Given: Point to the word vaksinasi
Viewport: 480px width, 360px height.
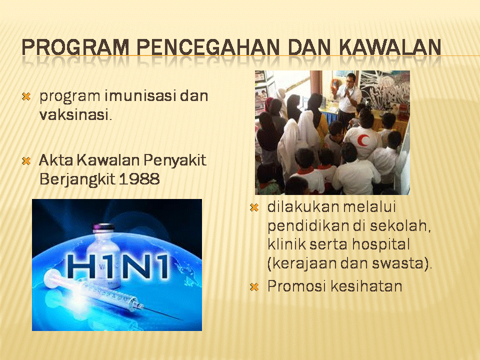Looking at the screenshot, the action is point(75,115).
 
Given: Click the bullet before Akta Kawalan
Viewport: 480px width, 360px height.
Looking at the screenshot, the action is point(26,160).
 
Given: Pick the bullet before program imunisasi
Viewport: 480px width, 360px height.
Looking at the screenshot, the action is point(26,96).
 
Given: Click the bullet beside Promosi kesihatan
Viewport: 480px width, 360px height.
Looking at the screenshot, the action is point(254,287).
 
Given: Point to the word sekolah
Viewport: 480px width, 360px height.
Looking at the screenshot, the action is point(400,226).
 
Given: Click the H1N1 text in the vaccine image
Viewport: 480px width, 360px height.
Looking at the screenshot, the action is point(117,266).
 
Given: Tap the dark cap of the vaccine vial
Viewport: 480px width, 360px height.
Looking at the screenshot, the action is point(103,227).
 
